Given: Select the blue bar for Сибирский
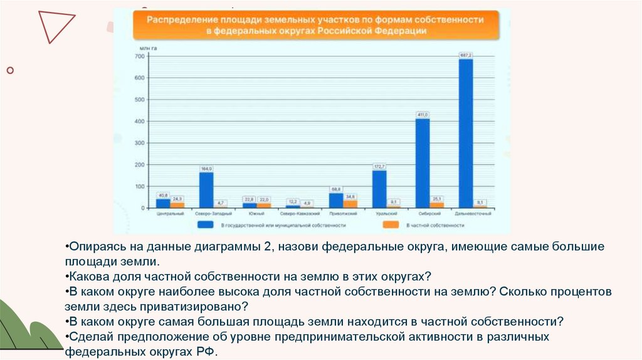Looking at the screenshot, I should tap(423, 163).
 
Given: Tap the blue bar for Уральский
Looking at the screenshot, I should tap(379, 189).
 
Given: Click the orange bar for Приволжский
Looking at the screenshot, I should tap(351, 204).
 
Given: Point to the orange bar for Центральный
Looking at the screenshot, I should tap(177, 205).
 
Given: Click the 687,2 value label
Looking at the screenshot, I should tap(466, 55).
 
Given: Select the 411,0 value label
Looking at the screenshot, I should tap(423, 115).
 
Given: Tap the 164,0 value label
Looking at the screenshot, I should tap(206, 169).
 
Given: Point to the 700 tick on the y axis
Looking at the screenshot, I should tap(140, 56).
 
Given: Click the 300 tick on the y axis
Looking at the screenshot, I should tap(140, 143).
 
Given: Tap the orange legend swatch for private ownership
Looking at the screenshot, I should tap(391, 224).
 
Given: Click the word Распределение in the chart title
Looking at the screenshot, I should tap(174, 19).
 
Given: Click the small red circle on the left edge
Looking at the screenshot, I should tap(10, 71).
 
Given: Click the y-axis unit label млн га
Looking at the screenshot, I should tap(147, 48).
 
